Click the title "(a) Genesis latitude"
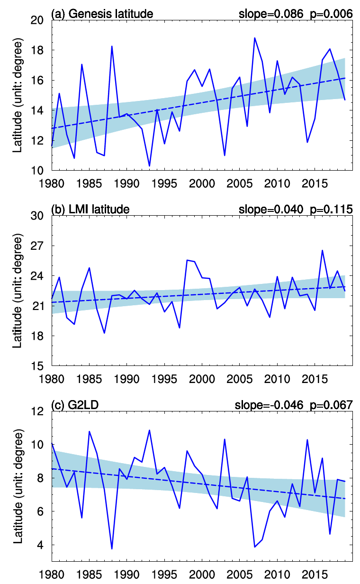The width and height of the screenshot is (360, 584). [x=102, y=13]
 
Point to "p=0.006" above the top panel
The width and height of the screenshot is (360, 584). [x=331, y=13]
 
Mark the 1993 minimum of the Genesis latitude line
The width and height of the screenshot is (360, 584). [x=149, y=166]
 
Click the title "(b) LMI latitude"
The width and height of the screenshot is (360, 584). [x=90, y=209]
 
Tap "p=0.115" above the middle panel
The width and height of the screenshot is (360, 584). [x=331, y=209]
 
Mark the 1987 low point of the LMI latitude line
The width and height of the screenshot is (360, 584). [x=104, y=333]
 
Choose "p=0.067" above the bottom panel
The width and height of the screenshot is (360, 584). [x=331, y=405]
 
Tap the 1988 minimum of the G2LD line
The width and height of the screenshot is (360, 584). [x=112, y=549]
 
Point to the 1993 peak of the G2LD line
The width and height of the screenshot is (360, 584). [x=149, y=430]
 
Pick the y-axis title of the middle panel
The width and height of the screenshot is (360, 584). [x=18, y=291]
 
